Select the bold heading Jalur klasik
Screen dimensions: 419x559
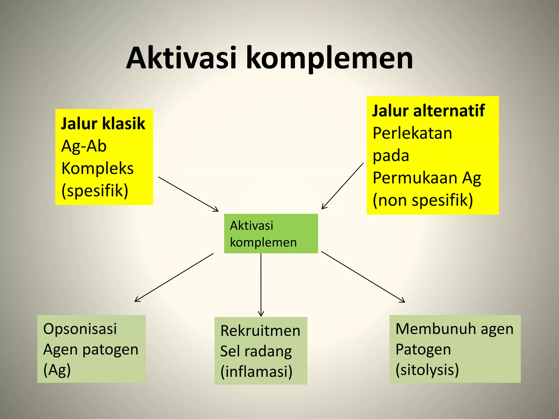(103, 124)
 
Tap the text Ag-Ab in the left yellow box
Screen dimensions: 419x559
(84, 146)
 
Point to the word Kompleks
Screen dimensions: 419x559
(97, 168)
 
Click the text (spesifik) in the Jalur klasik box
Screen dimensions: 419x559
(95, 190)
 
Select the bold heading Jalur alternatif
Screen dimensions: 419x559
(429, 111)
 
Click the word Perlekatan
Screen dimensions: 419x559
(412, 133)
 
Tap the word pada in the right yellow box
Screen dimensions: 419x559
(391, 156)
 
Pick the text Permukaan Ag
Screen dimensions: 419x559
(427, 178)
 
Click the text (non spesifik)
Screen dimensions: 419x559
(423, 200)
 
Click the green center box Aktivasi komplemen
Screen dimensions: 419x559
(271, 234)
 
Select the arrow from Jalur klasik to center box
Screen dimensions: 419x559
(188, 194)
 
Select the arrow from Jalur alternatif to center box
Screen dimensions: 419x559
(343, 186)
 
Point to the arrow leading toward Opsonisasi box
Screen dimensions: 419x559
(174, 277)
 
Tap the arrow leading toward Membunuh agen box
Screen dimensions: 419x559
(363, 277)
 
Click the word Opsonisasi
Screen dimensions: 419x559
(80, 329)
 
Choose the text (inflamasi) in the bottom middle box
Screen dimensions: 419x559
(256, 372)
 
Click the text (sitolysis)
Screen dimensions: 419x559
(427, 370)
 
